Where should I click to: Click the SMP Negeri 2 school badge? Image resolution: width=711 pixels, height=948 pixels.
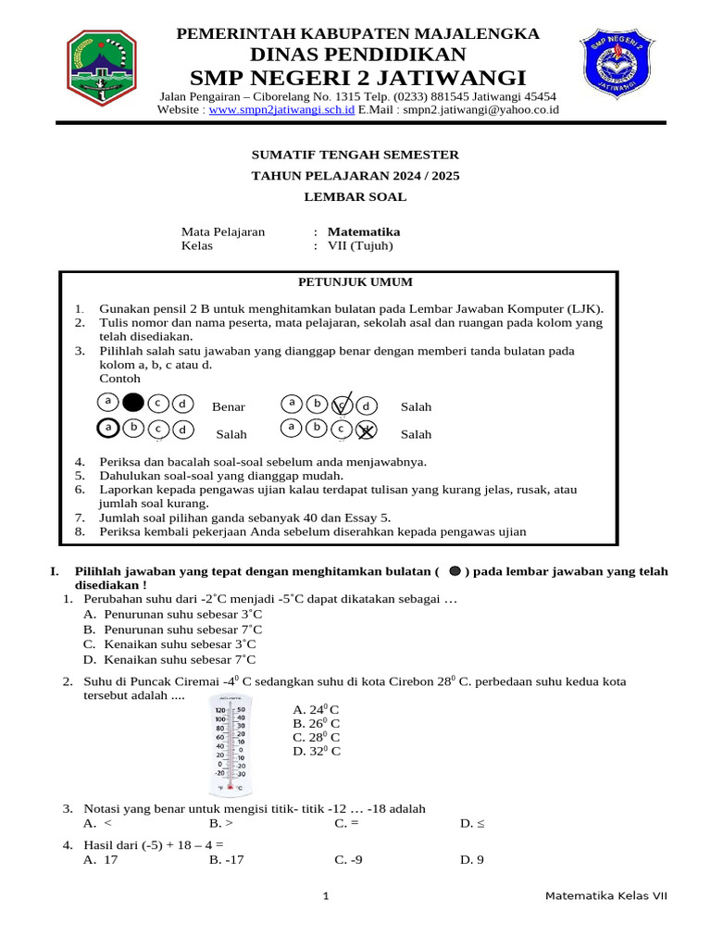[x=616, y=69]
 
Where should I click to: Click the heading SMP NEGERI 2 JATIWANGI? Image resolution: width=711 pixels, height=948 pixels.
[x=357, y=77]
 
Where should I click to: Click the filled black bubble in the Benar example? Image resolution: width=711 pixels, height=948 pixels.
[x=133, y=403]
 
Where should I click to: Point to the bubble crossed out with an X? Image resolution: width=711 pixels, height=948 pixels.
[x=368, y=430]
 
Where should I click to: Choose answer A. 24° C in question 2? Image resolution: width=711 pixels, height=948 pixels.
[x=316, y=709]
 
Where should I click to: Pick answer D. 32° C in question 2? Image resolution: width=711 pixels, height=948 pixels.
[x=317, y=751]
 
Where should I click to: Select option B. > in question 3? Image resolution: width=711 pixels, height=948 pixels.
[x=221, y=822]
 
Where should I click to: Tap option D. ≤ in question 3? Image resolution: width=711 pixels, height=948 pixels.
[x=472, y=822]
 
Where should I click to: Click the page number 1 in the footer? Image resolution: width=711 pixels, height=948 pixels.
[x=326, y=896]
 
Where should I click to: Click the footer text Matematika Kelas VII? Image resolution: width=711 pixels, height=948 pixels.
[x=605, y=896]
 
